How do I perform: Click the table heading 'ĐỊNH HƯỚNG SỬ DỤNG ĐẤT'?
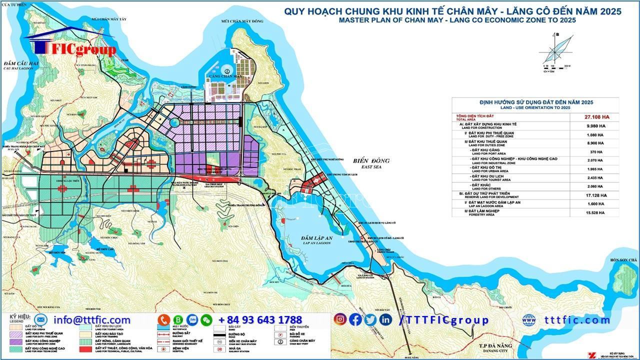point(535,102)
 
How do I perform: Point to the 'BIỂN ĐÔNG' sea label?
point(370,161)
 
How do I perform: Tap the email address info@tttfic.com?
point(92,320)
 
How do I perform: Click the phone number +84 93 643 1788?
point(260,320)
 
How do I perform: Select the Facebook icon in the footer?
point(355,319)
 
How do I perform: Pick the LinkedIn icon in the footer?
point(385,319)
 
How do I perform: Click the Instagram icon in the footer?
point(340,319)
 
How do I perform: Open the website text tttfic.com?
point(577,320)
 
